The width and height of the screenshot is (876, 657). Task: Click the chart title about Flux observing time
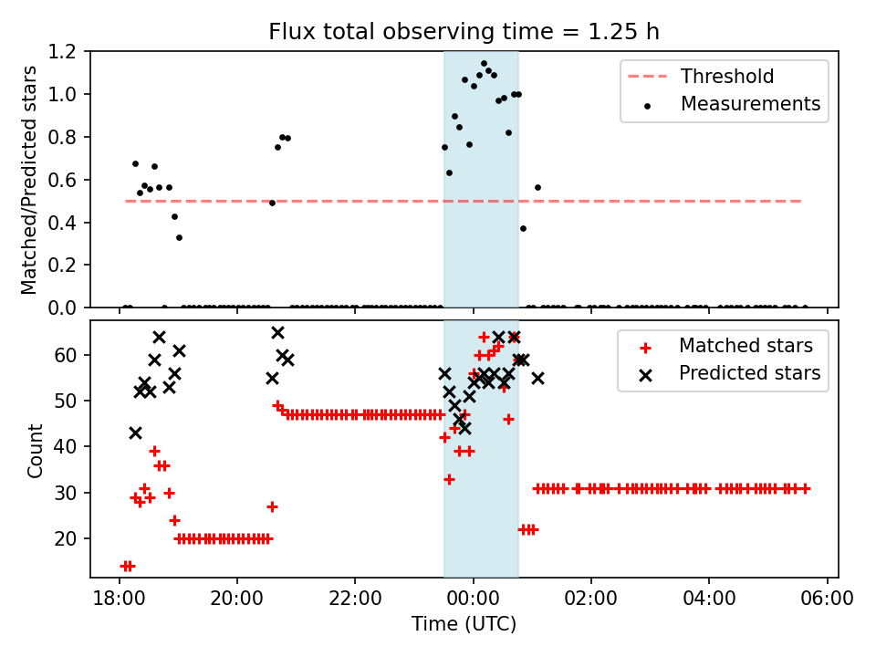click(x=464, y=32)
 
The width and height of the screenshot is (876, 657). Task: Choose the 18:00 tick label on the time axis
click(x=119, y=600)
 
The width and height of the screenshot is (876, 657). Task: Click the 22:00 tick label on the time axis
click(x=355, y=600)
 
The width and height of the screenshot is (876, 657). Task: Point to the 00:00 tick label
click(x=473, y=600)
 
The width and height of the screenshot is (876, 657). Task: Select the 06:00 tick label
click(x=827, y=600)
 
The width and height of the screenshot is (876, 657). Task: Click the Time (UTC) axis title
click(x=464, y=624)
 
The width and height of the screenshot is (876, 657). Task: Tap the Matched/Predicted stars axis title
click(x=29, y=180)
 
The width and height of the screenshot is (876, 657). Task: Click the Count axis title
click(x=35, y=450)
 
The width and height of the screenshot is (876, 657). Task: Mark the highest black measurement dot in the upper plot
click(x=484, y=64)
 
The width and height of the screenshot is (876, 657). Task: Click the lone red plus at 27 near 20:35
click(x=272, y=506)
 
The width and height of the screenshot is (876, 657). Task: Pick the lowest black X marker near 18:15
click(x=135, y=433)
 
